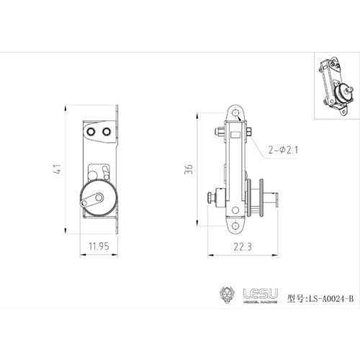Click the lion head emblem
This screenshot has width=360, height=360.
(227, 295)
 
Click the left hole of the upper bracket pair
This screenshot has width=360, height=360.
(91, 132)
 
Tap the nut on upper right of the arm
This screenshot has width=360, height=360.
(249, 132)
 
